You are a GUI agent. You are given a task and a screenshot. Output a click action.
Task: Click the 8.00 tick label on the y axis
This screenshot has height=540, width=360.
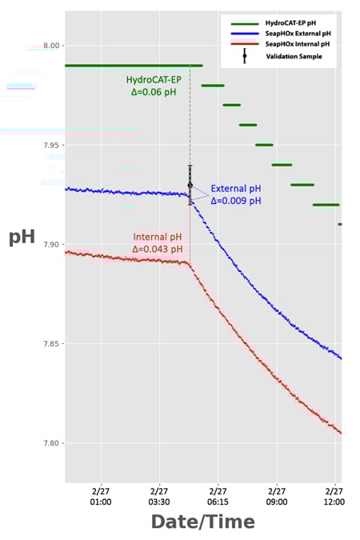50,46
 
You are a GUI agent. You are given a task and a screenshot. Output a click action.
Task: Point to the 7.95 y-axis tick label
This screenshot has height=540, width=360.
50,145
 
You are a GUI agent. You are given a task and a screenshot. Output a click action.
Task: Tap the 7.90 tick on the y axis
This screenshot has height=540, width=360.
50,245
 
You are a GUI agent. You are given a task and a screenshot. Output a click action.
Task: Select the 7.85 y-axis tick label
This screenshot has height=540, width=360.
50,344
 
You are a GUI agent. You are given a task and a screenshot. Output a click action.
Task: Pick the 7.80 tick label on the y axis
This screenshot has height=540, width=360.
50,443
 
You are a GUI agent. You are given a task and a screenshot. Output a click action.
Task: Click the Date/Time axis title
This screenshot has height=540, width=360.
202,522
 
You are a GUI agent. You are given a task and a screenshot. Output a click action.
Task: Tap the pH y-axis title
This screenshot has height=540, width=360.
22,238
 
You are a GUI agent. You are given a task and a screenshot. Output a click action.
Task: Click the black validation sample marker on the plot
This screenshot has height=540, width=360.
190,185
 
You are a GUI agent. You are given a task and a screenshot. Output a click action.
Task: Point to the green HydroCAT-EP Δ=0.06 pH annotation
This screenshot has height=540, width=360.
155,86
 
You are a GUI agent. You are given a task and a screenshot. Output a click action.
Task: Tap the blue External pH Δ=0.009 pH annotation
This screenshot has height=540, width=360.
235,194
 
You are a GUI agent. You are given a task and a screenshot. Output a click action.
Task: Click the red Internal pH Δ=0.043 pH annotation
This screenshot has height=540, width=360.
158,243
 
